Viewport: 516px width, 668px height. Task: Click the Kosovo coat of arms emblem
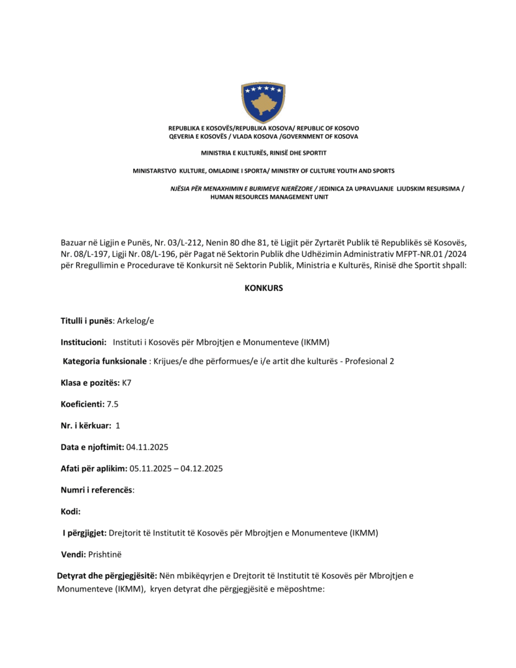[x=263, y=102]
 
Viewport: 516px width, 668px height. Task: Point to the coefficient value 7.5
[x=113, y=404]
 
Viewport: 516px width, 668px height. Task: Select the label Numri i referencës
[x=97, y=489]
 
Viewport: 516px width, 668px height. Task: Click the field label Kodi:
[x=70, y=511]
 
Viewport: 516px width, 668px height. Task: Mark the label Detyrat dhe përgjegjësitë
[x=107, y=576]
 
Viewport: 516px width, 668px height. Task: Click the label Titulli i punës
[x=87, y=321]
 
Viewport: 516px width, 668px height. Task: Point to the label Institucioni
[x=83, y=342]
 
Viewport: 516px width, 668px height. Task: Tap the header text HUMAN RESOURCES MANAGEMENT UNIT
[x=269, y=197]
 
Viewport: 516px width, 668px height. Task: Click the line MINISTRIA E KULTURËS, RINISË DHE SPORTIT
[x=264, y=153]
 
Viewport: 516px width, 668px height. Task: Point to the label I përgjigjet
[x=84, y=532]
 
